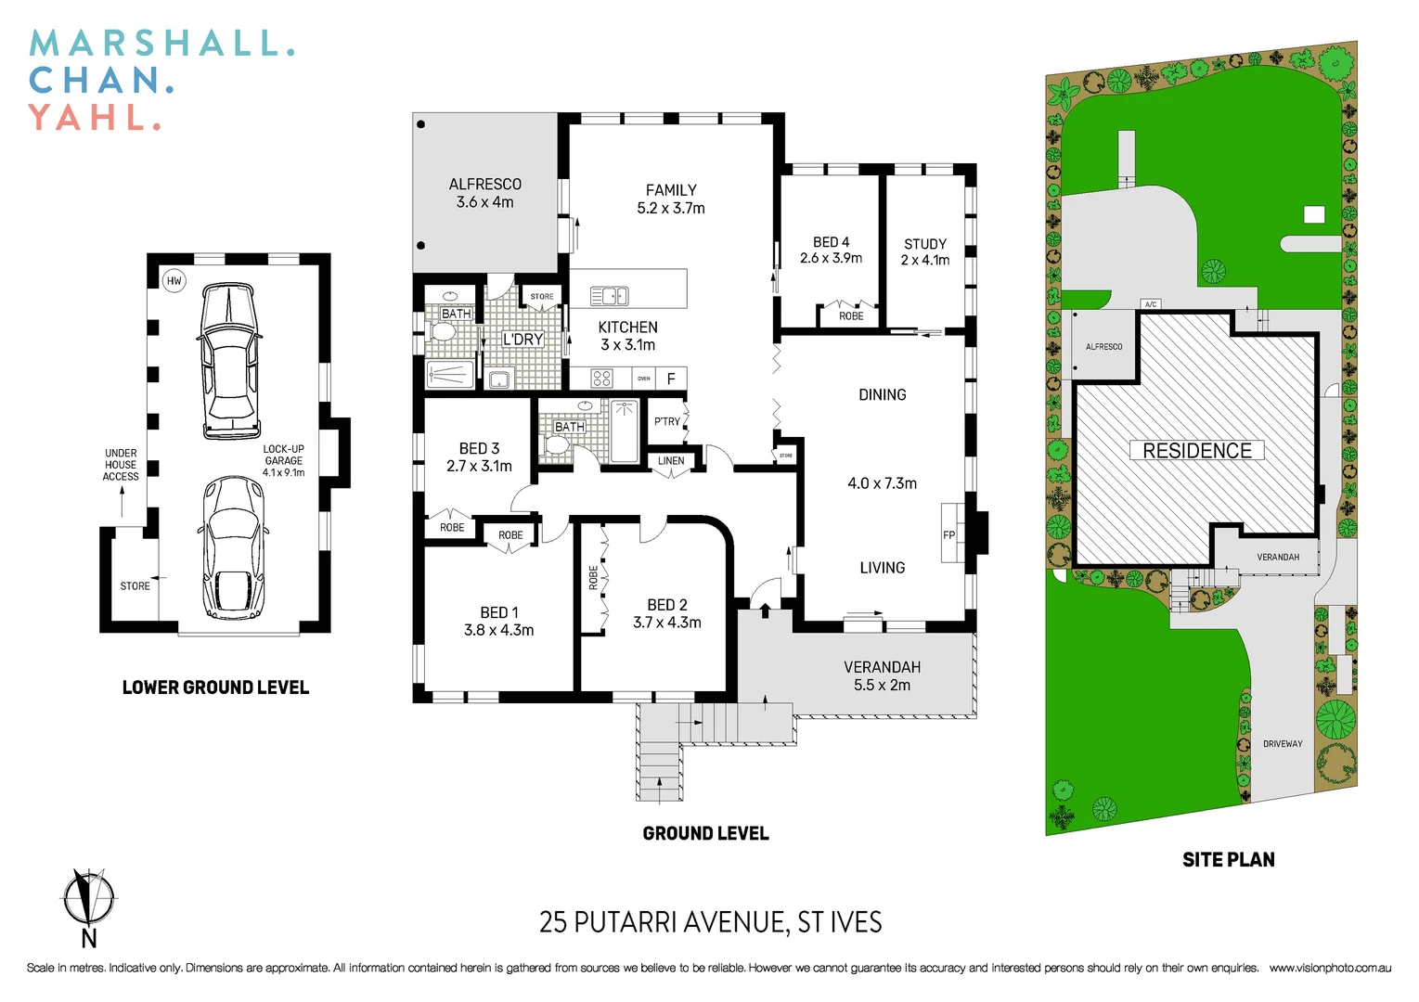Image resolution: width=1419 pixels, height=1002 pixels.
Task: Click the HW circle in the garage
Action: click(x=174, y=280)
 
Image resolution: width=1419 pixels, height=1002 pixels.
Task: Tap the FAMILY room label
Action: click(x=671, y=190)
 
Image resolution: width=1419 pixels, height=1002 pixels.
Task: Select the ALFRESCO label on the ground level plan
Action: click(x=484, y=185)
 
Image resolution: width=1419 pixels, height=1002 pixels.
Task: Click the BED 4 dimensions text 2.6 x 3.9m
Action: click(x=831, y=258)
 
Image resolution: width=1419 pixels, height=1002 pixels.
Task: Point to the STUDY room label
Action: click(x=924, y=244)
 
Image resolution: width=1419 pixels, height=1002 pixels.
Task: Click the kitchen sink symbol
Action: click(x=610, y=296)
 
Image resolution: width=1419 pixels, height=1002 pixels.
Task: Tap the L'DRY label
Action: click(x=522, y=340)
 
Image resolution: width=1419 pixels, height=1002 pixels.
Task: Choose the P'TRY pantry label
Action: click(x=666, y=421)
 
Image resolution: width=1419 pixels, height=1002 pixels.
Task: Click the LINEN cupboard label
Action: click(x=671, y=461)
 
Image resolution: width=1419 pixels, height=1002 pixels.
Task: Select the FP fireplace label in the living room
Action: click(x=948, y=535)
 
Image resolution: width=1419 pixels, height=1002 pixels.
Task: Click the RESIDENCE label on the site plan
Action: click(x=1196, y=451)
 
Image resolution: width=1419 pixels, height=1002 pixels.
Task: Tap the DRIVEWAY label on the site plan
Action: click(x=1282, y=744)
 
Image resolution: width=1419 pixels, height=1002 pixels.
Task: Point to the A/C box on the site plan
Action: click(x=1151, y=304)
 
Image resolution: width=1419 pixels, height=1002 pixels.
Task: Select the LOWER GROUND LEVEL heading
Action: click(x=215, y=687)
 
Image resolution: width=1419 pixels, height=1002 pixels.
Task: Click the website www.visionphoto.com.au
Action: click(x=1330, y=968)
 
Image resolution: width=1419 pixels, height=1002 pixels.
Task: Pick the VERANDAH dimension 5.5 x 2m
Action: click(x=882, y=686)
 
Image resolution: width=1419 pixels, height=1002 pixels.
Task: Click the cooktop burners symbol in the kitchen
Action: click(x=601, y=378)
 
